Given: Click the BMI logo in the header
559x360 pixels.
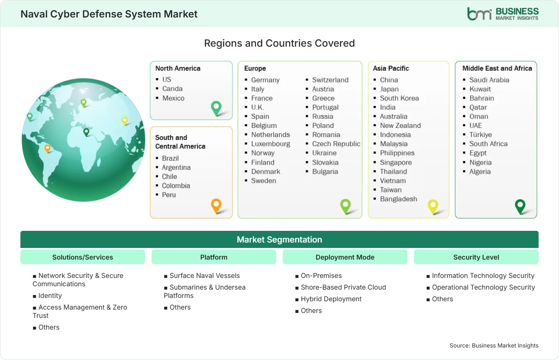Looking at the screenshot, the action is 503,14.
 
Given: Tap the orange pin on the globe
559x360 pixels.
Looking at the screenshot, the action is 47,148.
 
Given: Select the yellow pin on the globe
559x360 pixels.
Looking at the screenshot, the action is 125,121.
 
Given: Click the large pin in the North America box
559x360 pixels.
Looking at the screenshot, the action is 216,108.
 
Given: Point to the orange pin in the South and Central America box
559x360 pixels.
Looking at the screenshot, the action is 216,206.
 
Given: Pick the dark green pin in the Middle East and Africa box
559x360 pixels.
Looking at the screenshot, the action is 520,206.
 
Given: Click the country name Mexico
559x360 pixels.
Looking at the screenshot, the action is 173,98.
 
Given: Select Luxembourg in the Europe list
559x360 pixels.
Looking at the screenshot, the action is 270,144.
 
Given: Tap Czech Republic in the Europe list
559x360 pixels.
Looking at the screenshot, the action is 336,144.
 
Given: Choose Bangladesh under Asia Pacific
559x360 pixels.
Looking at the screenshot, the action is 398,199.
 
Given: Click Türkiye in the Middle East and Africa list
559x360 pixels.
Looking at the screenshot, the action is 480,135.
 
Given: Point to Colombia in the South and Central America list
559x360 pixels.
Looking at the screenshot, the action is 176,186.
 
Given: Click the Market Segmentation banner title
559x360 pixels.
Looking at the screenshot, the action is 279,240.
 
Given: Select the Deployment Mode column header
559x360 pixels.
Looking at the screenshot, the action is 345,257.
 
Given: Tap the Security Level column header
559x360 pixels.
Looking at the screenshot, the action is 476,257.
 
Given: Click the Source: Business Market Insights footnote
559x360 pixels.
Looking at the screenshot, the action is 494,345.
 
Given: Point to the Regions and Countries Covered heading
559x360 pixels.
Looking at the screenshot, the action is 279,43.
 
